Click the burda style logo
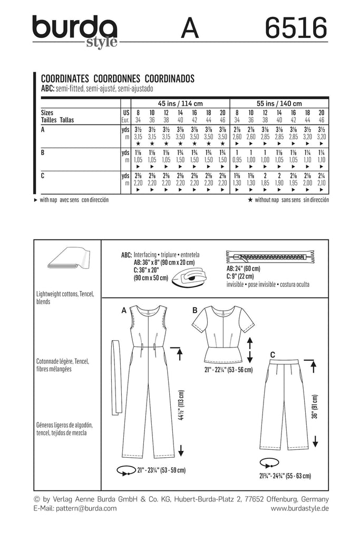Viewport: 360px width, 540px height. click(x=74, y=30)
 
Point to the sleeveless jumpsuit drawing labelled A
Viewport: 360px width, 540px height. click(x=146, y=380)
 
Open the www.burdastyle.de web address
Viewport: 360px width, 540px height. click(x=300, y=508)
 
